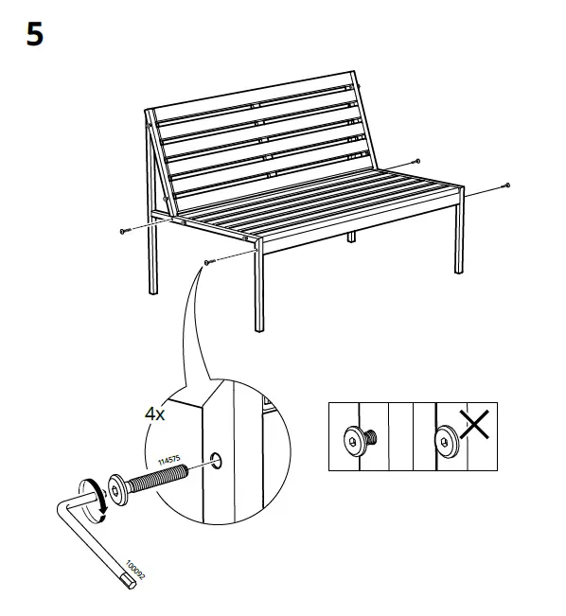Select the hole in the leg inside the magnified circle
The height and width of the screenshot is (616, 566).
click(x=217, y=461)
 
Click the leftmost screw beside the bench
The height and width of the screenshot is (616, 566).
click(x=123, y=230)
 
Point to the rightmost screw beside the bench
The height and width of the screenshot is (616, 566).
click(x=508, y=185)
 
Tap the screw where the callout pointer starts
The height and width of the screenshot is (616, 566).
click(x=207, y=261)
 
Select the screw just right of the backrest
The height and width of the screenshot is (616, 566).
click(x=417, y=162)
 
